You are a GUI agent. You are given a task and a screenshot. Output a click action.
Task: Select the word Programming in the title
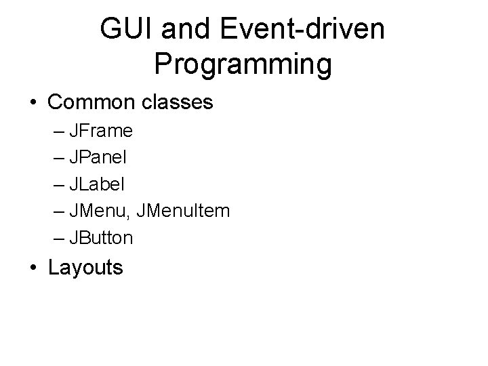[x=243, y=64]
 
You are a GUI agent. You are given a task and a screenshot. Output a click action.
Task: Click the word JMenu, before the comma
[x=108, y=211]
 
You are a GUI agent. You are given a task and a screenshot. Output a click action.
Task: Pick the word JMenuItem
[x=184, y=211]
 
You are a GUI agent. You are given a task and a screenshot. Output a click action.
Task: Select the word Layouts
[x=85, y=268]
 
